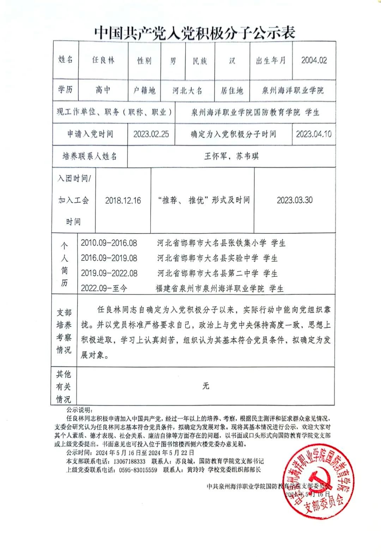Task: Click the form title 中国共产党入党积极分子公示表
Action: pos(194,33)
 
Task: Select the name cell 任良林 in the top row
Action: pos(103,60)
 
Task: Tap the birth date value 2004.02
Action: pos(314,60)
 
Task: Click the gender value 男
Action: pos(173,61)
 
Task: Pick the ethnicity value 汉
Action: pos(232,60)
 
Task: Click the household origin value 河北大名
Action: pos(187,91)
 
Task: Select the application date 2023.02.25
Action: pos(151,134)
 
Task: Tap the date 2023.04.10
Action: pos(314,134)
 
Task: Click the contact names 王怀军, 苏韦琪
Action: pos(231,156)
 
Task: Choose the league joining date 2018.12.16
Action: pos(123,200)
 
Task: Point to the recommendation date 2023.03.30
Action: pos(294,200)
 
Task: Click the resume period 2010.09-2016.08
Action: pos(109,243)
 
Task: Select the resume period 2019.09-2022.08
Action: pos(109,273)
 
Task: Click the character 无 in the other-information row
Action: pos(206,386)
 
